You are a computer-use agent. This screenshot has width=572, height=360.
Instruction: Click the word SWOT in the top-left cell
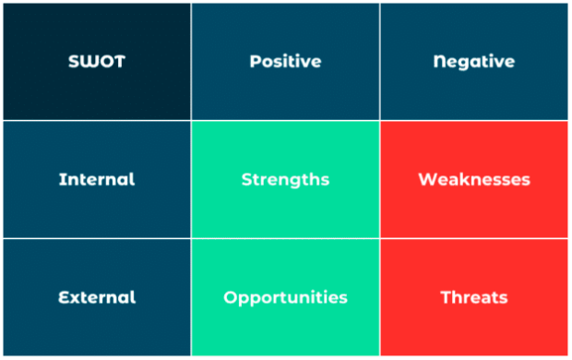point(97,61)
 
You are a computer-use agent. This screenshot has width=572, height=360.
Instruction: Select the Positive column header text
point(285,61)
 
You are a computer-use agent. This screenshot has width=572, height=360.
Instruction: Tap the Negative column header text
point(474,62)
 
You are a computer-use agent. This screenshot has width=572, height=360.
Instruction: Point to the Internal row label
point(97,179)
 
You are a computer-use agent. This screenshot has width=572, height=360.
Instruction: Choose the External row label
point(97,297)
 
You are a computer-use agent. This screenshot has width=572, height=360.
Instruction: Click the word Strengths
point(285,180)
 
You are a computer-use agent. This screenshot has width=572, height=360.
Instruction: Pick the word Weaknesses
point(474,179)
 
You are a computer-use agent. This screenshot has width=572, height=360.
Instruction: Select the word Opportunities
point(285,298)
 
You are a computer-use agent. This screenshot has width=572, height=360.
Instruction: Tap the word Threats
point(474,297)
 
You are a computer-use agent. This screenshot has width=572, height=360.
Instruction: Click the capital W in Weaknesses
point(427,179)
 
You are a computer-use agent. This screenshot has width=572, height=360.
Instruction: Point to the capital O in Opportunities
point(231,297)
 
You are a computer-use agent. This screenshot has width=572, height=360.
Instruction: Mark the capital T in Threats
point(447,297)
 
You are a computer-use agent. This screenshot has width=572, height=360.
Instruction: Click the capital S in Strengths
point(246,180)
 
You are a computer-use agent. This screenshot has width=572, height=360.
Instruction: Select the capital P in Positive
point(255,61)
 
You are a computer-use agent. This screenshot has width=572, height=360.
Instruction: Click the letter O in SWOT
point(106,61)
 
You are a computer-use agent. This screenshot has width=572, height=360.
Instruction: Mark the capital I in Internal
point(61,179)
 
